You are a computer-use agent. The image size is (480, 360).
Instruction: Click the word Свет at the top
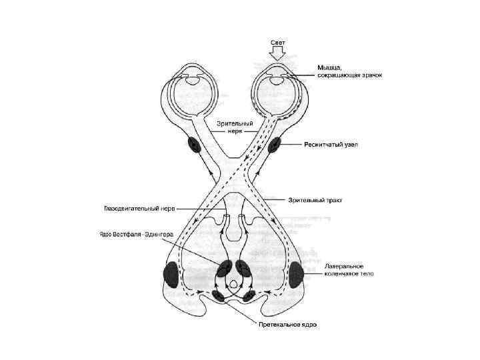click(278, 43)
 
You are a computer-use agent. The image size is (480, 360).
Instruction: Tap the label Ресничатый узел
click(331, 145)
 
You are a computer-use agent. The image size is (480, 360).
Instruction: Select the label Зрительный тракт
click(315, 199)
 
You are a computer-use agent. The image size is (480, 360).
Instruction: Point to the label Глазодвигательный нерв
click(139, 208)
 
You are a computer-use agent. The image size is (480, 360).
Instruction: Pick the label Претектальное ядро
click(287, 325)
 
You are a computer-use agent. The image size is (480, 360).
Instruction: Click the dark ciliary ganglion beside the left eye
click(195, 144)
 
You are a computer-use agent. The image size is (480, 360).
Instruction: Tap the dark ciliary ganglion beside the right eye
click(274, 145)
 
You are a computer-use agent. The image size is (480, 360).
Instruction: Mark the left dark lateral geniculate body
click(171, 274)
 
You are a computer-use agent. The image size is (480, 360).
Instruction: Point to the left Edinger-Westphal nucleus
click(224, 268)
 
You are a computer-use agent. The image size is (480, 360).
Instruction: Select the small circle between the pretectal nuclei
click(234, 284)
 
